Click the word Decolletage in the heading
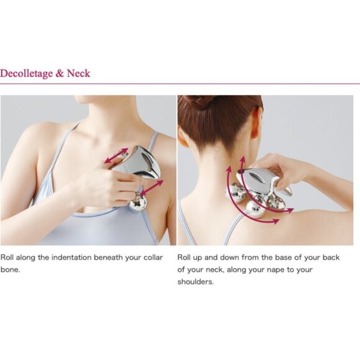tap(27, 74)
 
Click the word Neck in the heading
tap(79, 73)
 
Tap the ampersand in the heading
tap(60, 73)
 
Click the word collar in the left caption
tap(153, 258)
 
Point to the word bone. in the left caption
tap(10, 269)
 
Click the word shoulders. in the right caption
tap(196, 281)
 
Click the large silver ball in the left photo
tap(138, 203)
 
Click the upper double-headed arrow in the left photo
tap(116, 156)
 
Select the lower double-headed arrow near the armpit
tap(152, 188)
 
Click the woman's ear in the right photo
tap(259, 117)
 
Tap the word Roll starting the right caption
tap(184, 258)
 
